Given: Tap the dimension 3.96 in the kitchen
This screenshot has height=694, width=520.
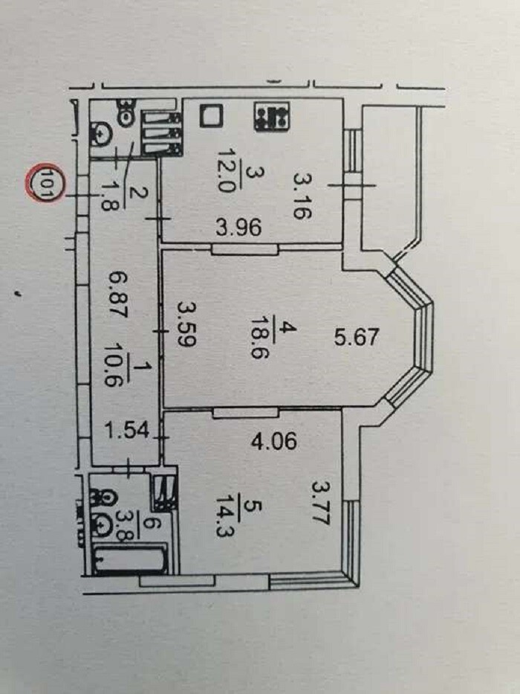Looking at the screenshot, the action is (x=238, y=228).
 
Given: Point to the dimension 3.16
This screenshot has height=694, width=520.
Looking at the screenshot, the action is (x=303, y=196).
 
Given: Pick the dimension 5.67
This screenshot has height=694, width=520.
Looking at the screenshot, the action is (x=357, y=337).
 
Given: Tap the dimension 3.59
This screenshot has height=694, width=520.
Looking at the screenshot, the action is (x=186, y=324).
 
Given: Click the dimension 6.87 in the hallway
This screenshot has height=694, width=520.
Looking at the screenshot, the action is (x=119, y=295).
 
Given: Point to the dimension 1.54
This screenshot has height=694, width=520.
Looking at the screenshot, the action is (x=127, y=430).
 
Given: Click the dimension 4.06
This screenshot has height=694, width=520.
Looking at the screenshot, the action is (x=273, y=441).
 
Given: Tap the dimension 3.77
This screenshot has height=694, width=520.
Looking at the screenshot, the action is (x=321, y=504).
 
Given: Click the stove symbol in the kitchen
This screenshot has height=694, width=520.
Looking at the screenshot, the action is (x=271, y=116).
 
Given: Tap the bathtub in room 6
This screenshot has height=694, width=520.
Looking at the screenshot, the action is (x=131, y=559).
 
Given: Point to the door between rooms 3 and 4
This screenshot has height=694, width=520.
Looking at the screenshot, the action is (x=245, y=249).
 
